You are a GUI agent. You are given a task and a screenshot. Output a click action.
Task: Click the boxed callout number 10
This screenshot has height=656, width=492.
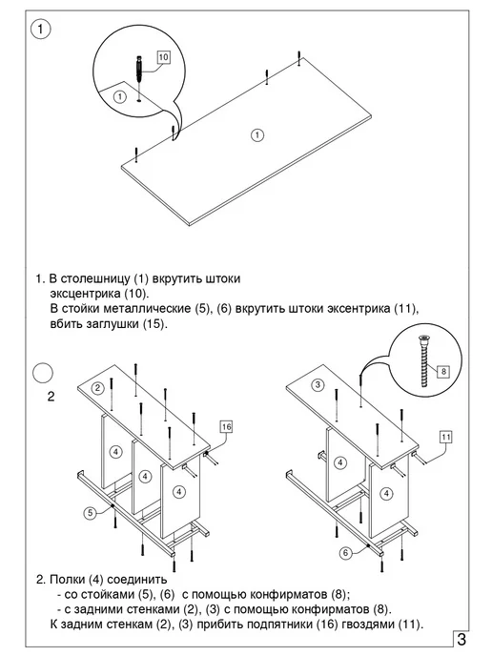click(163, 57)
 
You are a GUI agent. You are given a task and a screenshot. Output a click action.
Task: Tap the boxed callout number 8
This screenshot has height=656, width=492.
click(443, 371)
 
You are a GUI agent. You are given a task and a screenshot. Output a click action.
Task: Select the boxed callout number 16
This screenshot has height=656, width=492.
click(226, 427)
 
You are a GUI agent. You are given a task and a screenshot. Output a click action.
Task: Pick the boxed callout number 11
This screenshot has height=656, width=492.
click(446, 438)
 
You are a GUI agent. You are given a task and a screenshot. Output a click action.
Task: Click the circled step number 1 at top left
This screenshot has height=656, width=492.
click(41, 30)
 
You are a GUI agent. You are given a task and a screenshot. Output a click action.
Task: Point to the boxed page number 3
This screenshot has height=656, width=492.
click(461, 639)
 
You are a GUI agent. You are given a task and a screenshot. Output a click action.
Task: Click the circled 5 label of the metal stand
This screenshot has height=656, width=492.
click(91, 513)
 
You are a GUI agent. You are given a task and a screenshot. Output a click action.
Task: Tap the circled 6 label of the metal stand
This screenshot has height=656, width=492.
click(345, 553)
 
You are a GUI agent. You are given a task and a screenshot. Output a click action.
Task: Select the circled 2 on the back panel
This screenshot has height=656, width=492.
click(98, 388)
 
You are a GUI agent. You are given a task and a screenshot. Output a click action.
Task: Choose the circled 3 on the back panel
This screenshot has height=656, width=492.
click(318, 384)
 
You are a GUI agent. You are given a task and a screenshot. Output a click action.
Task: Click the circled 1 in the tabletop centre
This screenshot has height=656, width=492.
click(257, 134)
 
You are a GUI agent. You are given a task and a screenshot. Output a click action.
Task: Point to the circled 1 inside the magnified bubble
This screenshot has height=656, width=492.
click(120, 96)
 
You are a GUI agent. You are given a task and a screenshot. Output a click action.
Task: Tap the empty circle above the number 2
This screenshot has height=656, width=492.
click(43, 373)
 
